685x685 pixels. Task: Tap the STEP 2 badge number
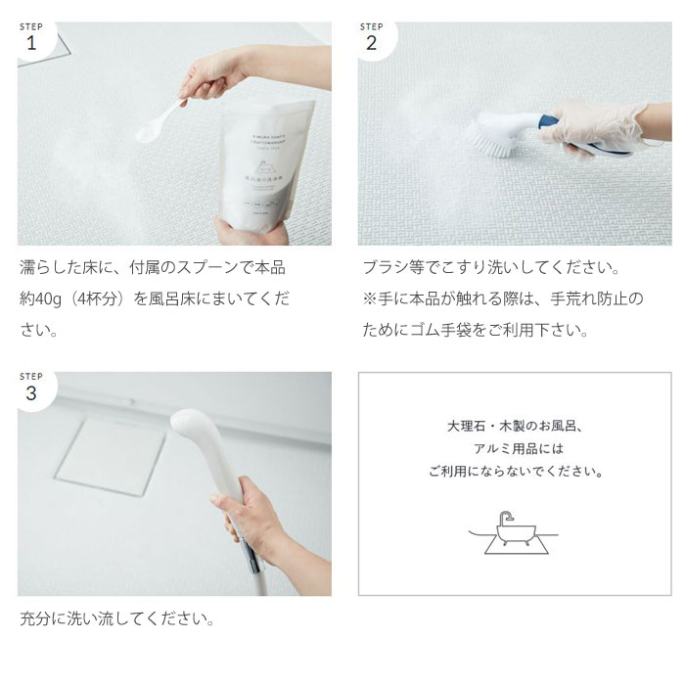click(x=371, y=43)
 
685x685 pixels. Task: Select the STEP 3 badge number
click(x=30, y=393)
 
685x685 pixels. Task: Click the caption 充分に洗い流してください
click(x=117, y=619)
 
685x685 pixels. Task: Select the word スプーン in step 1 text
click(x=193, y=267)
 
